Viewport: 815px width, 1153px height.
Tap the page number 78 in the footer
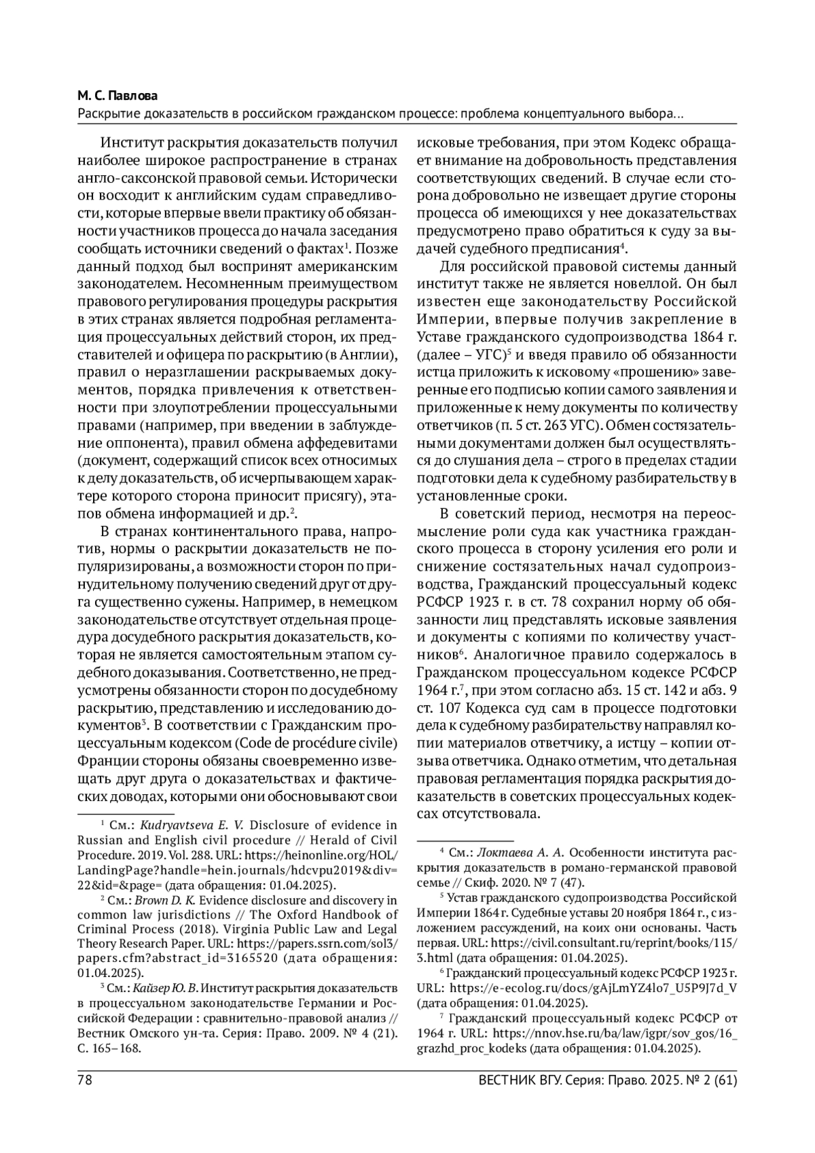85,1080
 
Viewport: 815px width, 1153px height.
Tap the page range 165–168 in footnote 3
128,1048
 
